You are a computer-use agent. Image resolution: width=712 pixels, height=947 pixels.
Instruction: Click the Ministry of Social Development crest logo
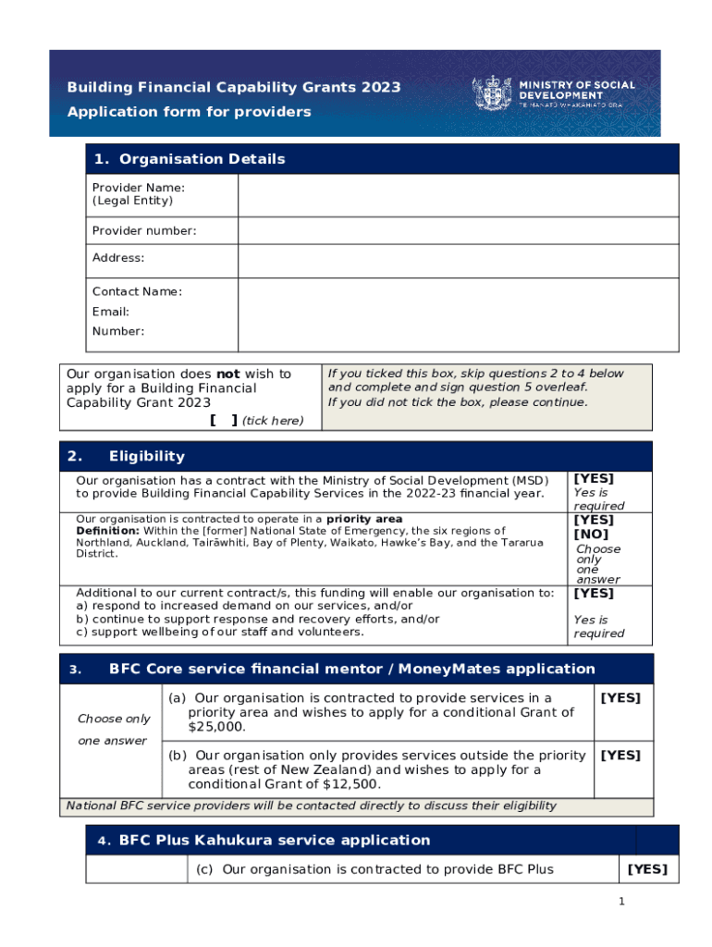point(491,93)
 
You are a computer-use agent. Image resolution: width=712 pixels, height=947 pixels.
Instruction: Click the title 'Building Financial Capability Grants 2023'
point(234,88)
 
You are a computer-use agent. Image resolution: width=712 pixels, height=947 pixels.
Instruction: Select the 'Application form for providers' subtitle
point(189,112)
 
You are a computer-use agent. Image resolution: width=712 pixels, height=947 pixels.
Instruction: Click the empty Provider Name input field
point(458,195)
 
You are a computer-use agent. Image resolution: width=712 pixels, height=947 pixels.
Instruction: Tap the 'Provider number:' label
point(143,231)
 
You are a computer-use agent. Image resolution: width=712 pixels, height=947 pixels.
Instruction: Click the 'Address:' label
point(118,258)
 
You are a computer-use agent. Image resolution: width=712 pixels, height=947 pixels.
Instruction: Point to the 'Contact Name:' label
point(137,292)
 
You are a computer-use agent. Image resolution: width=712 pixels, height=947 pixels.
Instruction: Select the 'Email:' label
point(111,313)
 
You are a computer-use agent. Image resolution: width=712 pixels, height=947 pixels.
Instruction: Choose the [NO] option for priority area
point(592,535)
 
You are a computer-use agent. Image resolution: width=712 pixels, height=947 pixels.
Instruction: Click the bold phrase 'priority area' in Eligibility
point(371,520)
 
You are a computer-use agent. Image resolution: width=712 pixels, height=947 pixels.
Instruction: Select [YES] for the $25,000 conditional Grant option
point(620,698)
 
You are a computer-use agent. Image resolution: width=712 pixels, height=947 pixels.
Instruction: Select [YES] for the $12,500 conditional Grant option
point(620,756)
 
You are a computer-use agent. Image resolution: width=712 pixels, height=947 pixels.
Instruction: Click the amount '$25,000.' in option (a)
point(216,728)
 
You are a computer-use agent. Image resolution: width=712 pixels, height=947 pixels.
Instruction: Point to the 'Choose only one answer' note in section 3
point(113,730)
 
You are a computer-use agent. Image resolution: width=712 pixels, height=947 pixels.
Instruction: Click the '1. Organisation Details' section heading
point(189,159)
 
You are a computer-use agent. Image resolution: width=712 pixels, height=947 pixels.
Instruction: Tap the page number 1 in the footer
point(623,902)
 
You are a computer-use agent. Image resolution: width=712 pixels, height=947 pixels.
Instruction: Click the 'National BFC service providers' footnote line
point(311,806)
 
